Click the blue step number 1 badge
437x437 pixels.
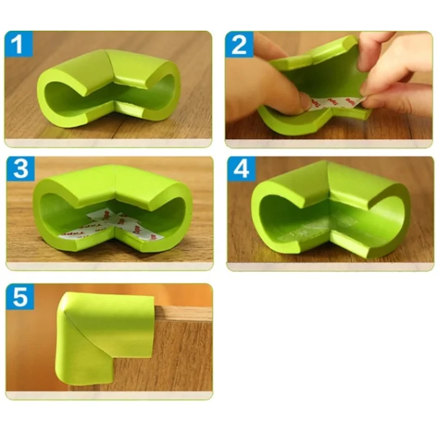[19, 45]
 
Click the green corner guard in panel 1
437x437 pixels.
[109, 87]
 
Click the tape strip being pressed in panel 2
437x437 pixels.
[331, 102]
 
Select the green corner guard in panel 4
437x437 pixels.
[331, 206]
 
